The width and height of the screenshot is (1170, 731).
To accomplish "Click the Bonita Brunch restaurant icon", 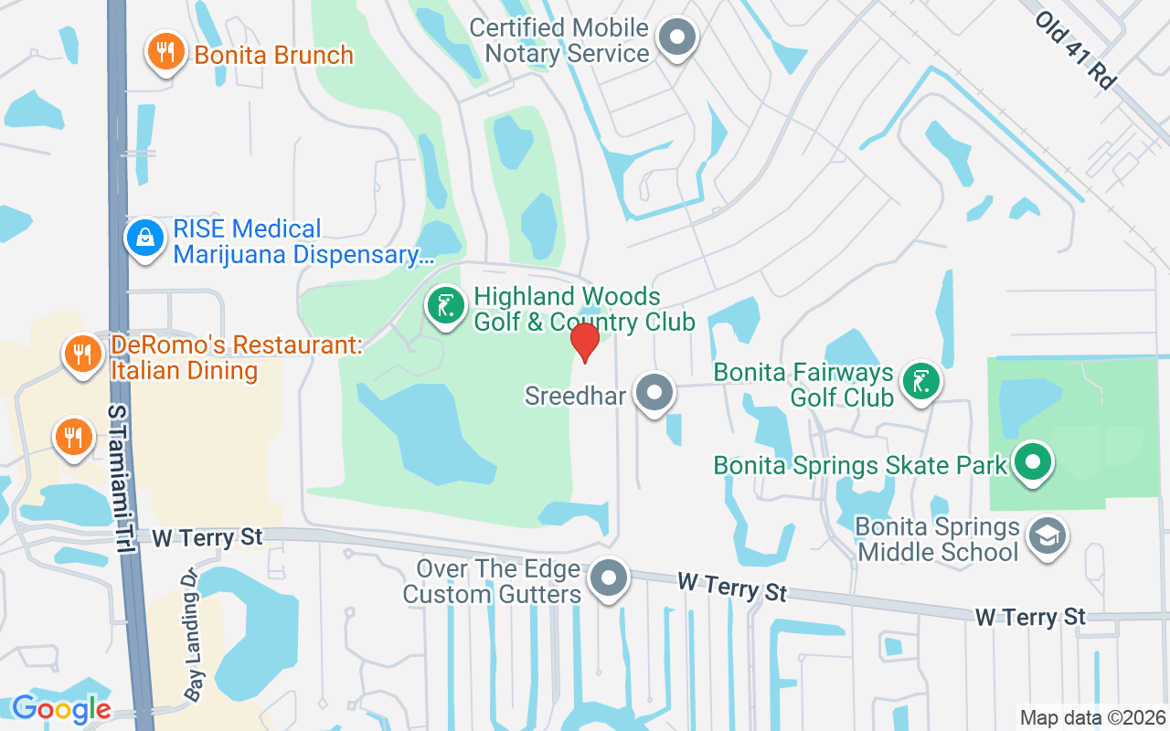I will click(x=165, y=51).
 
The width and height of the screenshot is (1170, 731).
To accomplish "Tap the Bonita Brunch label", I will click(x=273, y=55).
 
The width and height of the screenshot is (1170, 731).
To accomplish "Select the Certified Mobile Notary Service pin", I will click(x=677, y=38).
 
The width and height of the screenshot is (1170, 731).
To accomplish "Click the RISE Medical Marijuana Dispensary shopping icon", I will click(x=144, y=238).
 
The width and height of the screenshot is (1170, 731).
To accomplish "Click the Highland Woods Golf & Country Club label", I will click(x=584, y=309).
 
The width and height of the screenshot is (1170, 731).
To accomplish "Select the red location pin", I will click(x=584, y=342).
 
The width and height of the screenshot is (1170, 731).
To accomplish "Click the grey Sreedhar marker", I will click(x=654, y=393).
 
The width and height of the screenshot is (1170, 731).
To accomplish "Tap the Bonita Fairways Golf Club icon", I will click(x=921, y=381).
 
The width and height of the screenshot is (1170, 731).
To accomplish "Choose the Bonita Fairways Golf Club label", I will click(x=803, y=385).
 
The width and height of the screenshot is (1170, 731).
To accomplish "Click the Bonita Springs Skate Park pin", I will click(x=1033, y=462).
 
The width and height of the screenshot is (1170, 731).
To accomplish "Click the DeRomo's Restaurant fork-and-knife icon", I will click(x=83, y=354).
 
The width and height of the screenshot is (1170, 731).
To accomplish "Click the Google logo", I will click(x=61, y=708).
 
